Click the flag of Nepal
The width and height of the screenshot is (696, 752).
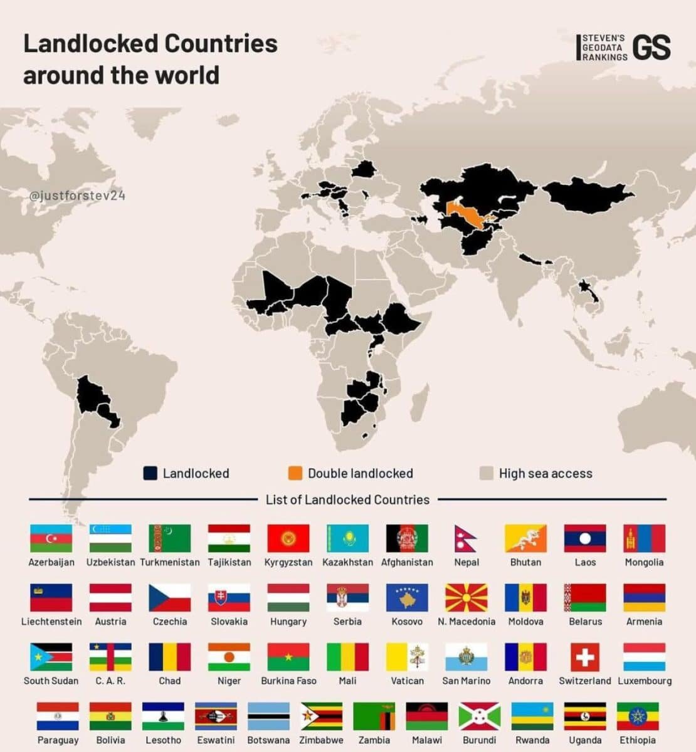click(x=465, y=538)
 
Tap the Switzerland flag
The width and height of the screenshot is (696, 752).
click(x=585, y=657)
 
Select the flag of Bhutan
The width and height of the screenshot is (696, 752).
click(x=525, y=538)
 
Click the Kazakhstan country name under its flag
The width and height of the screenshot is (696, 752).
click(x=347, y=562)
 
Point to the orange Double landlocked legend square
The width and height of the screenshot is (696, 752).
click(x=295, y=473)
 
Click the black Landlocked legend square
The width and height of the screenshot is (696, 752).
click(x=150, y=473)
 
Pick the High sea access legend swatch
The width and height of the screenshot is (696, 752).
click(x=486, y=473)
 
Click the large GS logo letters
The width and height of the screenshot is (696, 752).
click(x=651, y=48)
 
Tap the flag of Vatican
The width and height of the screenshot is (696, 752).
click(x=407, y=657)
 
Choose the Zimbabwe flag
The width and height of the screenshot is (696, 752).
click(x=321, y=716)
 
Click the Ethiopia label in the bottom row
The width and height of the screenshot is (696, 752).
click(x=638, y=740)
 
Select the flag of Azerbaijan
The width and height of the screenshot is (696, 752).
click(x=51, y=538)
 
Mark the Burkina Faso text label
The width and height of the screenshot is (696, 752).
click(x=288, y=681)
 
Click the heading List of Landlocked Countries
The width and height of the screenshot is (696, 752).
click(x=347, y=499)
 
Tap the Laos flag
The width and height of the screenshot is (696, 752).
click(x=585, y=538)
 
